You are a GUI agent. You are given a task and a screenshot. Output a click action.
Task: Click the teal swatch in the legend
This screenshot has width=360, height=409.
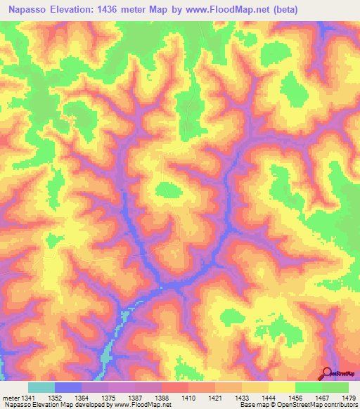coord(41,387)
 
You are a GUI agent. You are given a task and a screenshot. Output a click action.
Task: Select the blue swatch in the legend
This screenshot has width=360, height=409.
coord(68,387)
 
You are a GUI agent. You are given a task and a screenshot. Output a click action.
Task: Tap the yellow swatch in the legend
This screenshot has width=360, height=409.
coord(281,387)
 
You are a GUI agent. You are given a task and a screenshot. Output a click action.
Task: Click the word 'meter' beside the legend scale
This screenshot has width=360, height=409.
coord(11,397)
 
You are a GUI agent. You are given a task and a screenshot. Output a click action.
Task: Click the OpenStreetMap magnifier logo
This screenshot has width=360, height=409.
coord(326,374)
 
